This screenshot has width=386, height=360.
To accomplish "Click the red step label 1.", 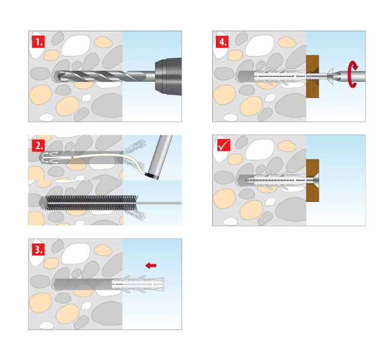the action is [38, 42].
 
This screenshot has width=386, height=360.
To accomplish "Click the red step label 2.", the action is [38, 145].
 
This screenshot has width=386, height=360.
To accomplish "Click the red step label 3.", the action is [38, 250].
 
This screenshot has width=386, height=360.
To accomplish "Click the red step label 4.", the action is [222, 42].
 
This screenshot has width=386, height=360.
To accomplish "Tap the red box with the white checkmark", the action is [224, 145].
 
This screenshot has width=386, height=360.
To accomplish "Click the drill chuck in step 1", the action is [168, 76].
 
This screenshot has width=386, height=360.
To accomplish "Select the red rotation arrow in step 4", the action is [352, 75].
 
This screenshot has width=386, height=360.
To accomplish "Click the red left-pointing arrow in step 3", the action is [151, 265].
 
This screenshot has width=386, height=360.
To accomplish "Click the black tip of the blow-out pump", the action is [152, 175].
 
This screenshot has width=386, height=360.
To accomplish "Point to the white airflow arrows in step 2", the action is [51, 157].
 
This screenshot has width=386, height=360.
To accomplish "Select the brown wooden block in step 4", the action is [313, 76].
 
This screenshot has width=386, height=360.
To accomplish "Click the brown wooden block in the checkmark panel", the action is [313, 180].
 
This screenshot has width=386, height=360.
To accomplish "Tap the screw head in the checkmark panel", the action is [314, 180].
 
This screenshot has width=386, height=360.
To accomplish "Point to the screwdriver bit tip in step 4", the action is [338, 76].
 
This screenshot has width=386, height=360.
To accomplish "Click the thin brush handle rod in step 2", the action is [159, 203].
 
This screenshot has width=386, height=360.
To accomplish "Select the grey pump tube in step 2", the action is [161, 155].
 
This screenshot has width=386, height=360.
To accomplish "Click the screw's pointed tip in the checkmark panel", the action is [247, 180].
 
